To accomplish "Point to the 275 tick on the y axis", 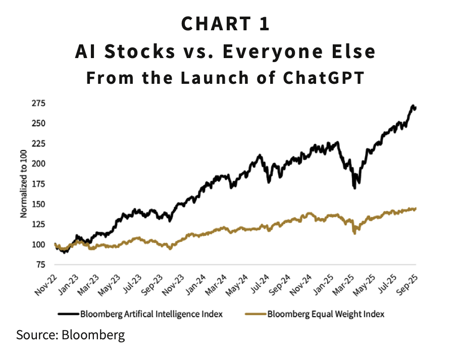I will (38, 104).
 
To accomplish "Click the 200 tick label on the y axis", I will (38, 164).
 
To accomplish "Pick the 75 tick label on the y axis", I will (40, 265).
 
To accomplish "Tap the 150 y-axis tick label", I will (38, 204).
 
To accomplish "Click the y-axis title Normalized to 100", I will (23, 184).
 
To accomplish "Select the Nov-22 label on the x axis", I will (48, 279).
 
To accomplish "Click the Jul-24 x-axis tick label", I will (260, 279).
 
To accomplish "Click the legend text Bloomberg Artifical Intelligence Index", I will (151, 314).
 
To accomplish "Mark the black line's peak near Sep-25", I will (414, 106).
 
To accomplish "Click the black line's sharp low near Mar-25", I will (355, 187).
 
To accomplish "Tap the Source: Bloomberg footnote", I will (70, 335).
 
